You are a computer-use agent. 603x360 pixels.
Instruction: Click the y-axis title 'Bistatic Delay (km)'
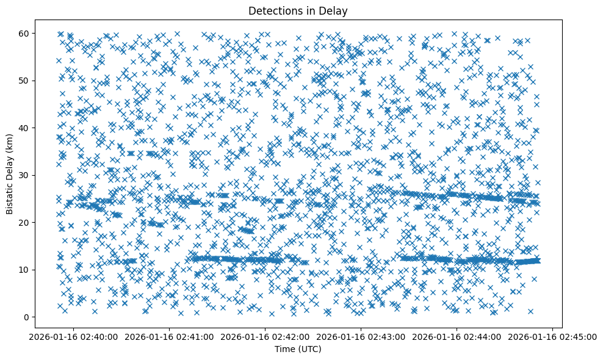10,173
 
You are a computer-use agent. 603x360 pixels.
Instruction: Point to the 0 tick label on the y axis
26,317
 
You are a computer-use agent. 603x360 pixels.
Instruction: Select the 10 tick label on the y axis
24,270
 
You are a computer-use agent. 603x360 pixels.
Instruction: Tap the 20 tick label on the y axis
24,222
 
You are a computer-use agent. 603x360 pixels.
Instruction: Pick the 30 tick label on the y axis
24,175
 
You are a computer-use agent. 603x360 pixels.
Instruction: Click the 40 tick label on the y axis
24,128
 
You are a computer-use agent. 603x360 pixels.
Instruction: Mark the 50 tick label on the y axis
24,81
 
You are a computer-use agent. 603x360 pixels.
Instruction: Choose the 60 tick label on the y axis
24,33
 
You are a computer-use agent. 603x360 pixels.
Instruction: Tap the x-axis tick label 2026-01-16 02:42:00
265,336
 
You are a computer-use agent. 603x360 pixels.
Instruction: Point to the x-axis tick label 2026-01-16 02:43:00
361,336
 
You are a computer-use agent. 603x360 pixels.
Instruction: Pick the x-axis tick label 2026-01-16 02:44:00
457,336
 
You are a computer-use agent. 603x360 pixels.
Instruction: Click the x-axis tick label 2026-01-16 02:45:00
553,336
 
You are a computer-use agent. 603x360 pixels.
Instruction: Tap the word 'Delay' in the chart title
331,10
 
